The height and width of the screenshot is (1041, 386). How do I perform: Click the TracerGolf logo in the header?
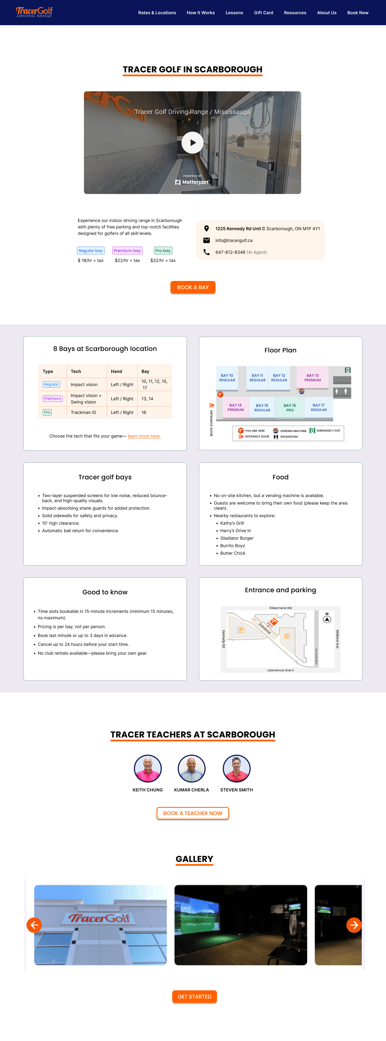pos(34,12)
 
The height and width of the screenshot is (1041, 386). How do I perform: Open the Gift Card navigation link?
pos(263,13)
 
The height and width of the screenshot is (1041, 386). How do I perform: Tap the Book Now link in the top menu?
pos(358,13)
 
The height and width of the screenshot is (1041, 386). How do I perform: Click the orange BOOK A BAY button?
pos(193,287)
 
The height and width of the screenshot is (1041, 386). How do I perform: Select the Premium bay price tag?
pos(127,251)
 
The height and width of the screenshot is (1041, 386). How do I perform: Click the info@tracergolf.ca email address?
pos(234,240)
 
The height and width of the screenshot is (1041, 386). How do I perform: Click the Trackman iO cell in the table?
pos(83,413)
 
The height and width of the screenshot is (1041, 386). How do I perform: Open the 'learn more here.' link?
pos(144,436)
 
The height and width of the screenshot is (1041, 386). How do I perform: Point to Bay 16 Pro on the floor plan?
pos(290,407)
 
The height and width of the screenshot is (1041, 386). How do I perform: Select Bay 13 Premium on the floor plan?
pos(313,377)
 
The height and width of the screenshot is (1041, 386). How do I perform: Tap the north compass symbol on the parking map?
pos(327,619)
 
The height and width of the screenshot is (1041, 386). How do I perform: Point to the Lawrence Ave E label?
pos(280,670)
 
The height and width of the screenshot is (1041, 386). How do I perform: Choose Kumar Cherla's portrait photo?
pos(192,769)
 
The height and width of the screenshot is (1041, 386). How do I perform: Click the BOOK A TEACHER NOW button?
pos(193,813)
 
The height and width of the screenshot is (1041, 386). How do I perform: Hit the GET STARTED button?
pos(194,996)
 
